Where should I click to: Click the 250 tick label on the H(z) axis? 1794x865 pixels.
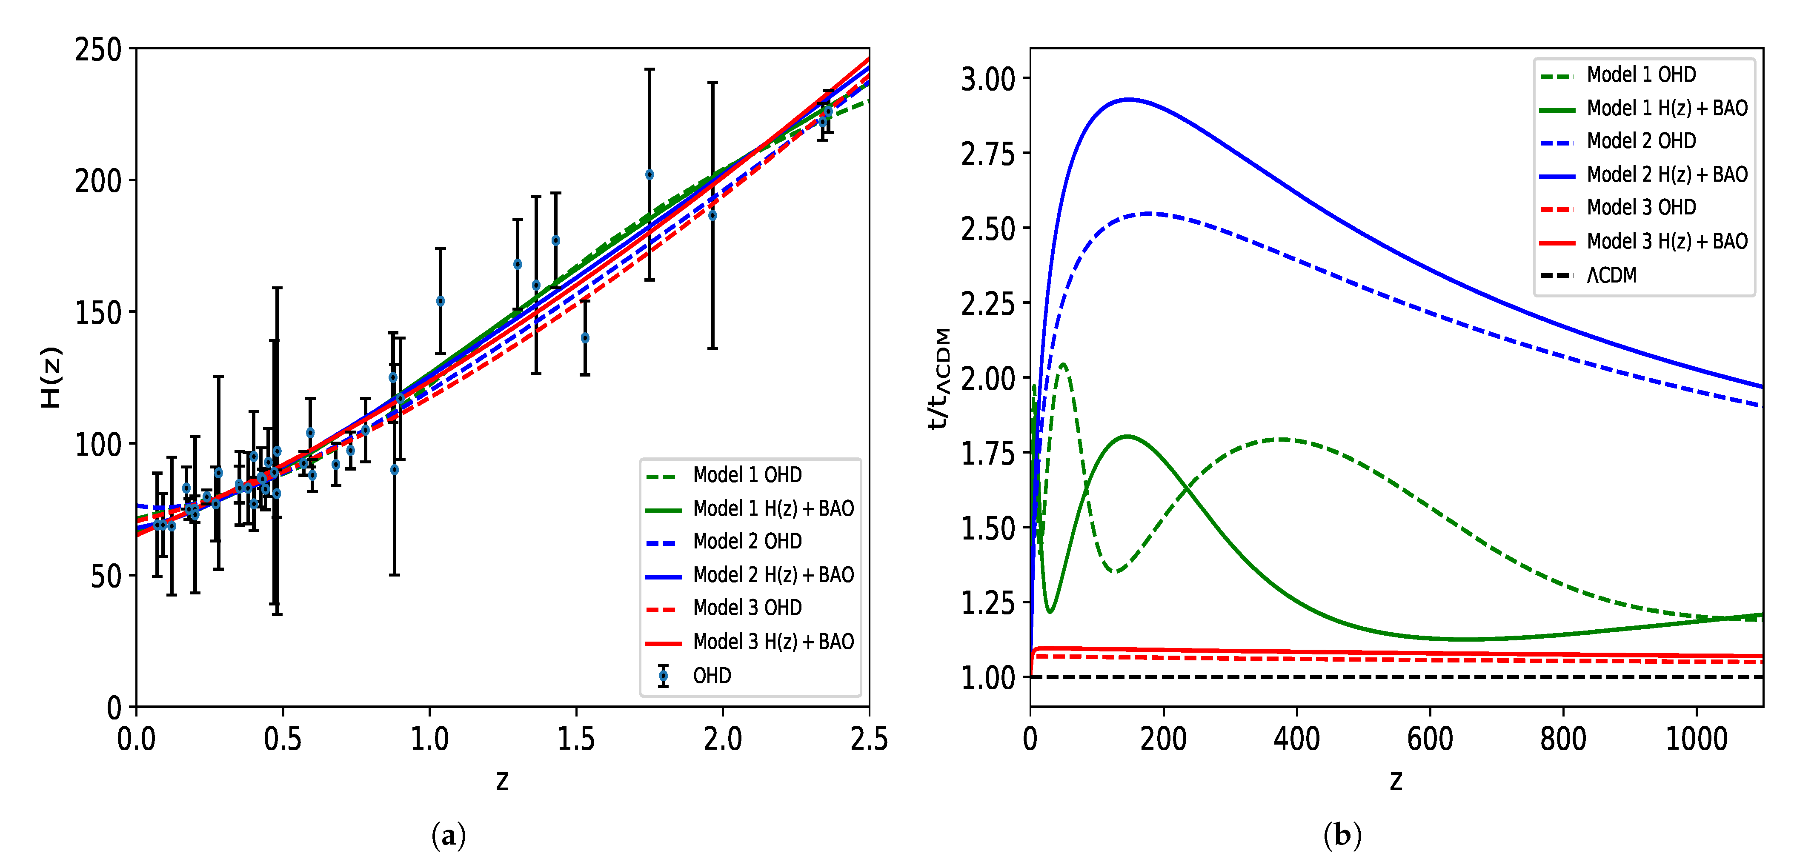click(98, 50)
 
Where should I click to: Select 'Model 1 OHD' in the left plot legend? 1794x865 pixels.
click(747, 475)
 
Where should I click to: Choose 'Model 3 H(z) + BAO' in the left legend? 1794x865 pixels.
click(773, 642)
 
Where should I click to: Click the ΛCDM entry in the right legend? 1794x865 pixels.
click(1611, 276)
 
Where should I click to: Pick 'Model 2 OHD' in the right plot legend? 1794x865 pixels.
click(1641, 141)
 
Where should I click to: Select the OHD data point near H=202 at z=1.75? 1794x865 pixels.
click(649, 175)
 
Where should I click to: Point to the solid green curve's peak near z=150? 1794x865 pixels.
click(1127, 437)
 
